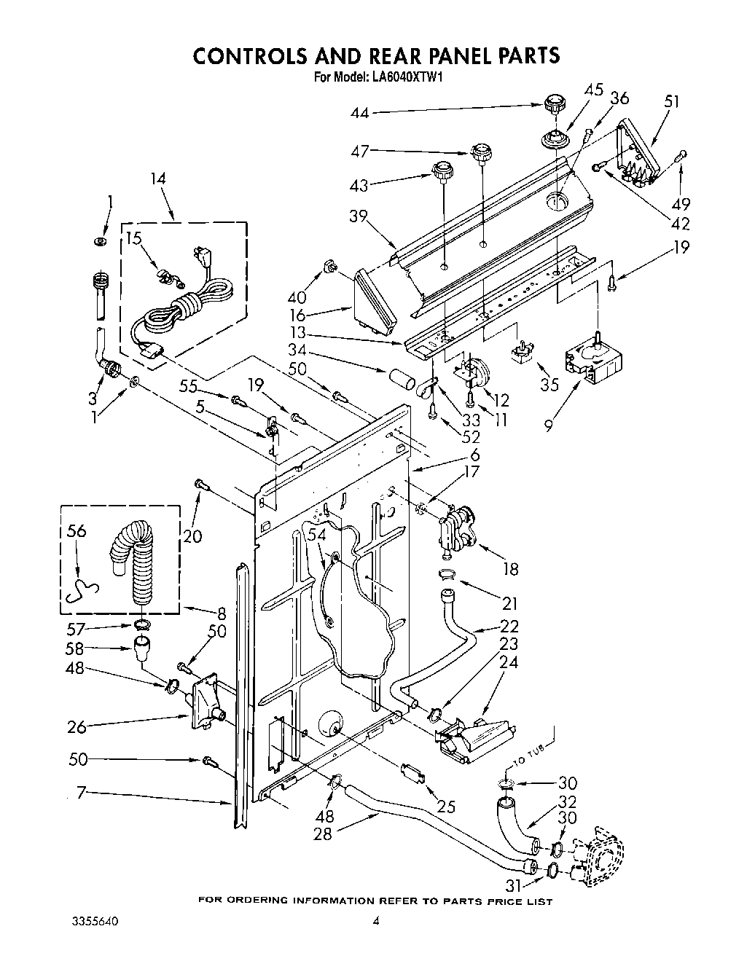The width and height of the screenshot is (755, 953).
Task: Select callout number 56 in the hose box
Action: click(x=76, y=531)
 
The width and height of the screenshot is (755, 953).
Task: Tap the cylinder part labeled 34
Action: click(x=401, y=381)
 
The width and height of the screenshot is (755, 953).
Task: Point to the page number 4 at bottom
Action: click(x=377, y=921)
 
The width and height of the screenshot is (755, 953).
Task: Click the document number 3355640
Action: click(x=95, y=921)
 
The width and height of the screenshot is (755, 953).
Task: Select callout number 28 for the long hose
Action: click(x=323, y=834)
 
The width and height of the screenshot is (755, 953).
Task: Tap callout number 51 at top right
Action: click(x=671, y=101)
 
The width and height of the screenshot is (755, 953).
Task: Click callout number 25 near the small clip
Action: click(x=446, y=806)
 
